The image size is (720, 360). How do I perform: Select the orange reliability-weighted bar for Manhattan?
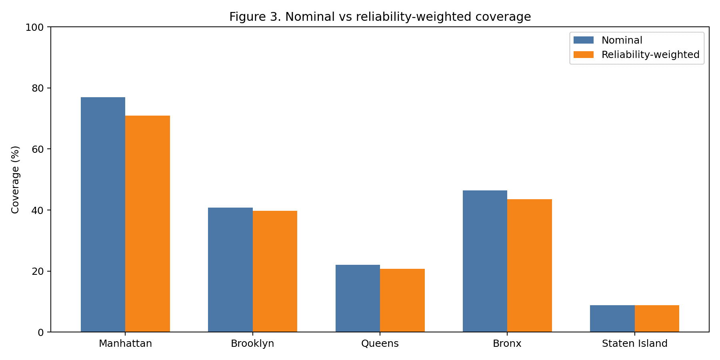point(148,224)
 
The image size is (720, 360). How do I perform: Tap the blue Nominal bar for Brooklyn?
point(230,270)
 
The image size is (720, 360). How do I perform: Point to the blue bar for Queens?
point(358,298)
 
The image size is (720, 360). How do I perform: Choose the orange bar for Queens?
point(402,300)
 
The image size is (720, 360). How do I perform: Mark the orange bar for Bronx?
point(530,266)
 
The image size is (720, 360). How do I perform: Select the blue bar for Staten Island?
point(612,318)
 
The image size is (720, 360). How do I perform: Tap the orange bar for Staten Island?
point(657,318)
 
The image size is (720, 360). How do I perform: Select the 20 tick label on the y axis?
point(38,271)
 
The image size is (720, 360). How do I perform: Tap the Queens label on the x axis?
point(380,344)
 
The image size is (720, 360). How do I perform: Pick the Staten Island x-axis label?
point(634,344)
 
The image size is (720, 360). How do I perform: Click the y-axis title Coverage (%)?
point(15,180)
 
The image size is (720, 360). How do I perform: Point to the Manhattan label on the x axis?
point(125,344)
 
